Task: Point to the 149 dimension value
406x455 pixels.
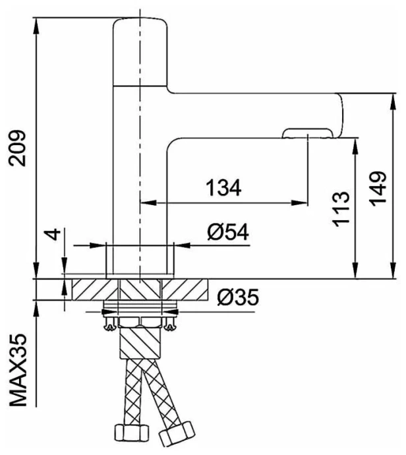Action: coord(377,189)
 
